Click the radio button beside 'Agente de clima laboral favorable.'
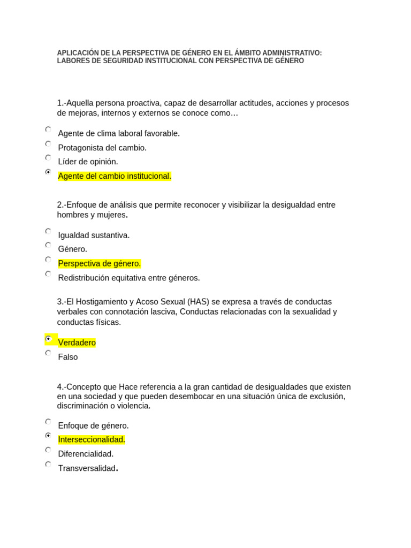click(48, 130)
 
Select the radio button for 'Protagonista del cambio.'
click(48, 144)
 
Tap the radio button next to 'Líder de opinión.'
click(48, 158)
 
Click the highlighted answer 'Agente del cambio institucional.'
click(115, 176)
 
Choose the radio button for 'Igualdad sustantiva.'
click(48, 231)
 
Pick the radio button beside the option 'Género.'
click(48, 245)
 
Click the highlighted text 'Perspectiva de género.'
click(99, 263)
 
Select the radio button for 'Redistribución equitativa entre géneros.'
click(48, 274)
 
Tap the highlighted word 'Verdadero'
click(77, 342)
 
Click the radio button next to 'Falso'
click(48, 353)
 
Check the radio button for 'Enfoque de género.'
click(48, 422)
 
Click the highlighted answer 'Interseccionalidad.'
click(92, 440)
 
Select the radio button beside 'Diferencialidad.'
click(48, 450)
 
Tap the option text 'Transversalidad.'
click(88, 468)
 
